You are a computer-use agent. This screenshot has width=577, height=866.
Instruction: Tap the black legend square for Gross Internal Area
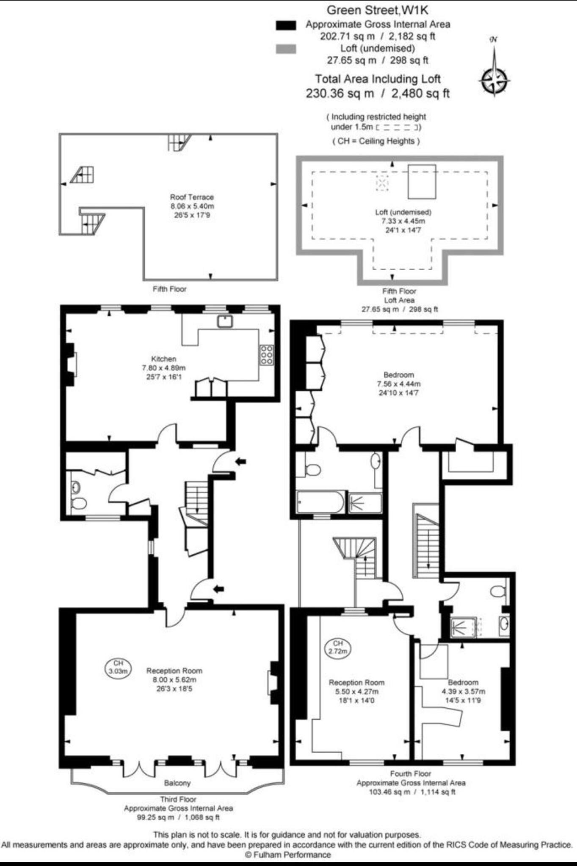pyautogui.click(x=286, y=25)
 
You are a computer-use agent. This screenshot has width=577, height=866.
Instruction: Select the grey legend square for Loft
pyautogui.click(x=286, y=49)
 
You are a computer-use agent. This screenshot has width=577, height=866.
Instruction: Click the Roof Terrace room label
pyautogui.click(x=192, y=197)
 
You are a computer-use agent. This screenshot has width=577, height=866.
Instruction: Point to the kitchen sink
pyautogui.click(x=225, y=321)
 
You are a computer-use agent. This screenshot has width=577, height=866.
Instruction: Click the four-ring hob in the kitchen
pyautogui.click(x=267, y=355)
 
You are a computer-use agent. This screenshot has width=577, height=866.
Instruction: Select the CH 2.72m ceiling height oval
pyautogui.click(x=337, y=647)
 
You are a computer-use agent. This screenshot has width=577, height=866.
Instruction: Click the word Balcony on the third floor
pyautogui.click(x=177, y=783)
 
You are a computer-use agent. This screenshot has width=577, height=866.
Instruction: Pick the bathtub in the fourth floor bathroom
pyautogui.click(x=320, y=502)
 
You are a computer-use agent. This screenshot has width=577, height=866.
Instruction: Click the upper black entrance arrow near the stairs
pyautogui.click(x=240, y=462)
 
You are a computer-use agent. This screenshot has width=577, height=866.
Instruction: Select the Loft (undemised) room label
pyautogui.click(x=403, y=212)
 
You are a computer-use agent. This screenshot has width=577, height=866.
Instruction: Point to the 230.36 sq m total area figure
pyautogui.click(x=340, y=93)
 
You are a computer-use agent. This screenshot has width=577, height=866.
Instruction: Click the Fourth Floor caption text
pyautogui.click(x=410, y=774)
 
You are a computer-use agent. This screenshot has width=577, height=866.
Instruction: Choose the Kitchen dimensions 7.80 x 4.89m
pyautogui.click(x=163, y=368)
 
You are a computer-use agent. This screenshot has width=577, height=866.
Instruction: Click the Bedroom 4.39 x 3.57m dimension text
pyautogui.click(x=464, y=692)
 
